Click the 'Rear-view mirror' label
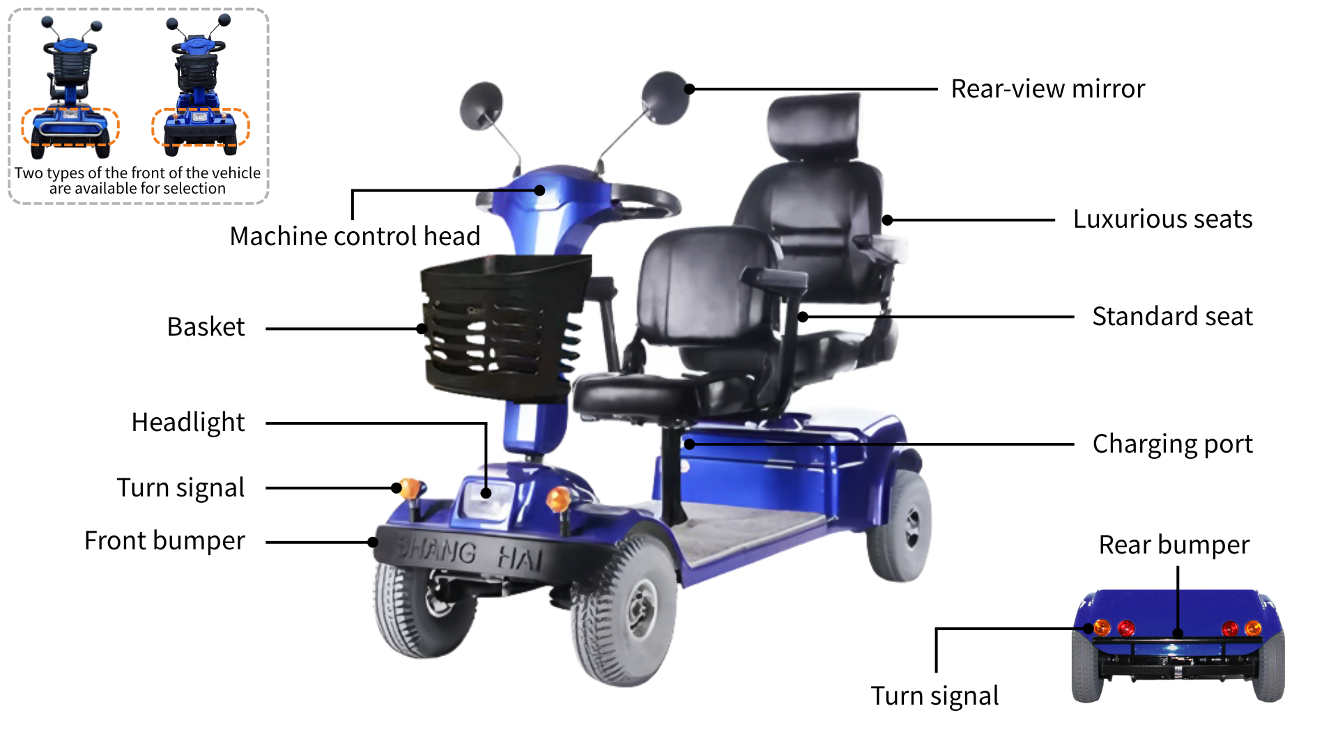(1047, 89)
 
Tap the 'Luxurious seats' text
(1162, 219)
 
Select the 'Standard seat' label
(1172, 316)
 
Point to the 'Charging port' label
(1172, 444)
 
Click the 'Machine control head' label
(355, 237)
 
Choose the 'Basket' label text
(206, 327)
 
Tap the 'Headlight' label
(188, 423)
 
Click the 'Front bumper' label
(164, 541)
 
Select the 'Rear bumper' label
(1174, 545)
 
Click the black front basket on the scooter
(505, 327)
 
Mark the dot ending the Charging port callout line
(689, 444)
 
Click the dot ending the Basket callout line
(422, 329)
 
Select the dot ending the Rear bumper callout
(1178, 634)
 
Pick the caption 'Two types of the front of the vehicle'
(137, 173)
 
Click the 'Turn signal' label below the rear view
(935, 696)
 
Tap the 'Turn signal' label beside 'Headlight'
(180, 488)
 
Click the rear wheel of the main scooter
(901, 526)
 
